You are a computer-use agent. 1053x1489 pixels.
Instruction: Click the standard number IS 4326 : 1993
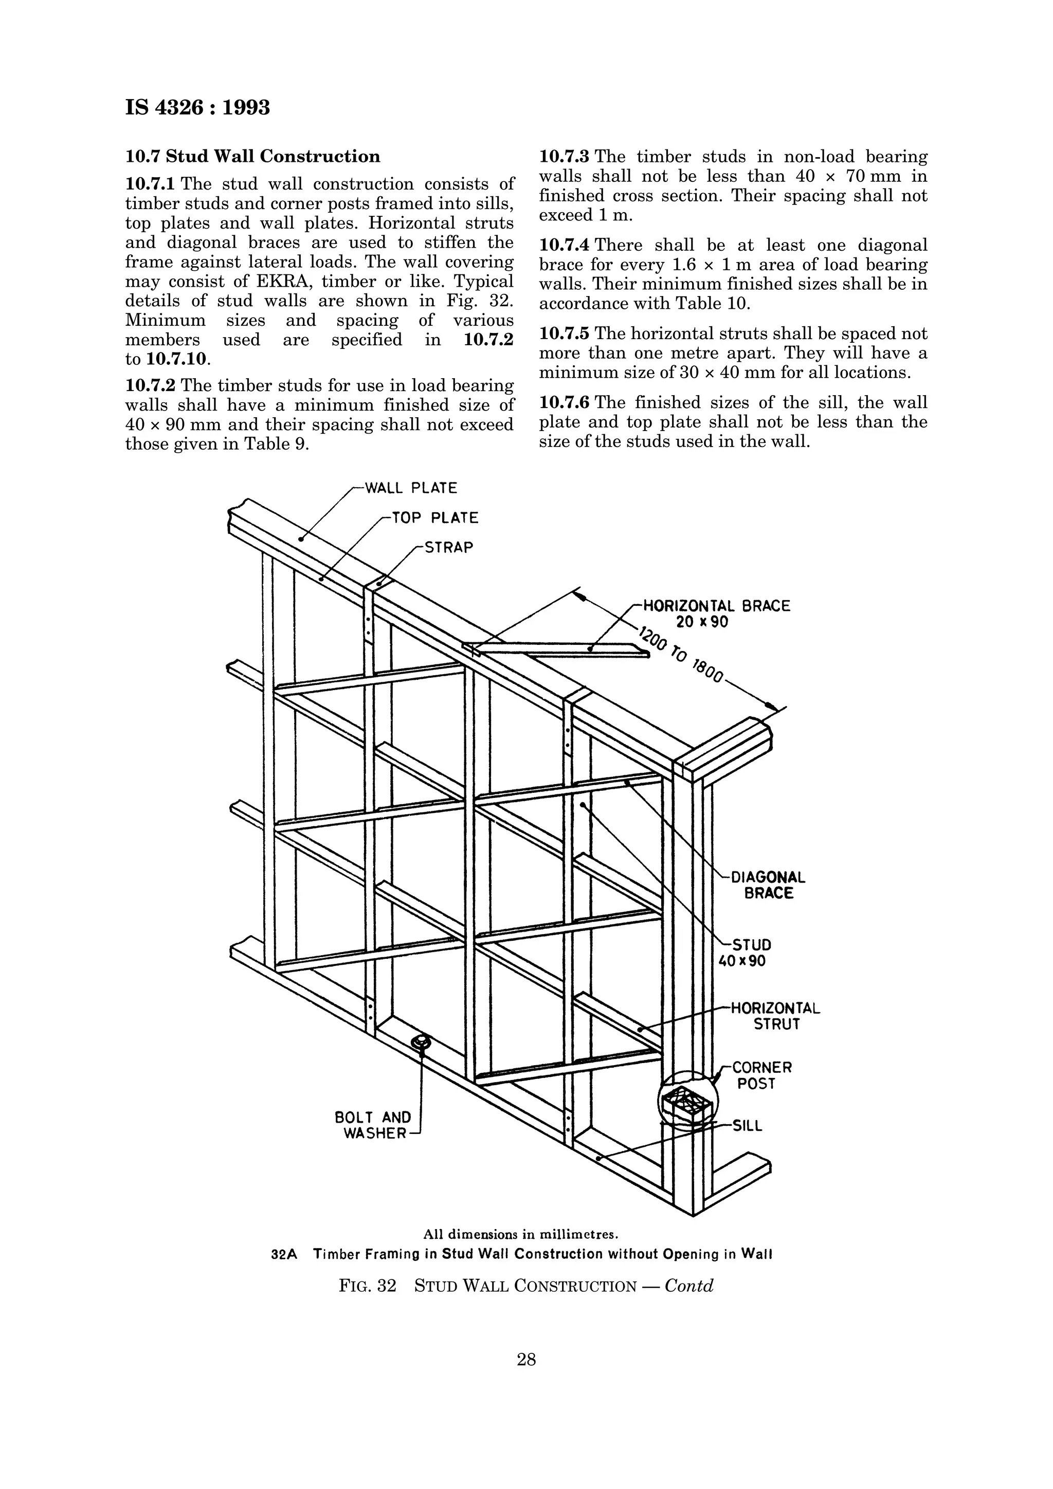click(x=197, y=107)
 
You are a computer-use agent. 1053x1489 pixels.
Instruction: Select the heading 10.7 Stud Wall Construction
click(x=252, y=156)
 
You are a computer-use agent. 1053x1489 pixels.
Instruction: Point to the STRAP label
click(x=448, y=547)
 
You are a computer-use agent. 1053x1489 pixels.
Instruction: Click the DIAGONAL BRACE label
click(x=768, y=885)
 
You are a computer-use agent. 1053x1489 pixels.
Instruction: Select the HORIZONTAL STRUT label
click(x=775, y=1016)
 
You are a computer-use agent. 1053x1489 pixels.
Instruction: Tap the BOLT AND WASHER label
click(x=373, y=1125)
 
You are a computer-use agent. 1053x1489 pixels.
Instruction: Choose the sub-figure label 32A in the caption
click(x=283, y=1254)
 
